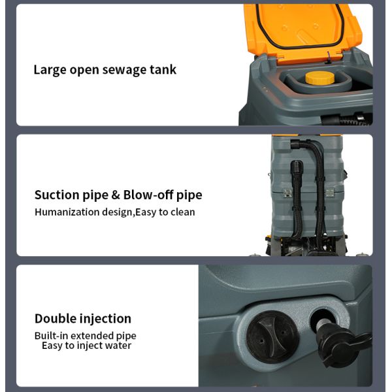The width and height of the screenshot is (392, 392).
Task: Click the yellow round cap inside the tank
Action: (x=319, y=78)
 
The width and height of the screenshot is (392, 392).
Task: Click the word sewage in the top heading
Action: (x=124, y=70)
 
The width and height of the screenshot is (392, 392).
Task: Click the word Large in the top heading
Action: (x=50, y=70)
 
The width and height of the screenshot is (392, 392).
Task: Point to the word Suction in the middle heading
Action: (x=57, y=195)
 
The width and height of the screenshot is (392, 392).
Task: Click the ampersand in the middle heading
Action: (x=116, y=195)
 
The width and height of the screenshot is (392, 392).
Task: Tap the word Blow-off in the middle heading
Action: (x=148, y=195)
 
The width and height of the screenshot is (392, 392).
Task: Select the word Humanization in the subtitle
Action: (x=67, y=212)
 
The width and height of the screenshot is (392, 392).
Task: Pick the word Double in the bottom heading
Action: (x=56, y=319)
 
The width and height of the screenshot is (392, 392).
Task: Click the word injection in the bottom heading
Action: (x=105, y=319)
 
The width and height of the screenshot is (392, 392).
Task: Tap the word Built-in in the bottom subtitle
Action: (x=51, y=336)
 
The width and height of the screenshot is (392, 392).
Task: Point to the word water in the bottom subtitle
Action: (x=118, y=346)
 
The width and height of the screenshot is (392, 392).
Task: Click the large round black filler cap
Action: (x=272, y=336)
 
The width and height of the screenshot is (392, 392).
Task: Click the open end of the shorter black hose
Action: (x=297, y=166)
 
